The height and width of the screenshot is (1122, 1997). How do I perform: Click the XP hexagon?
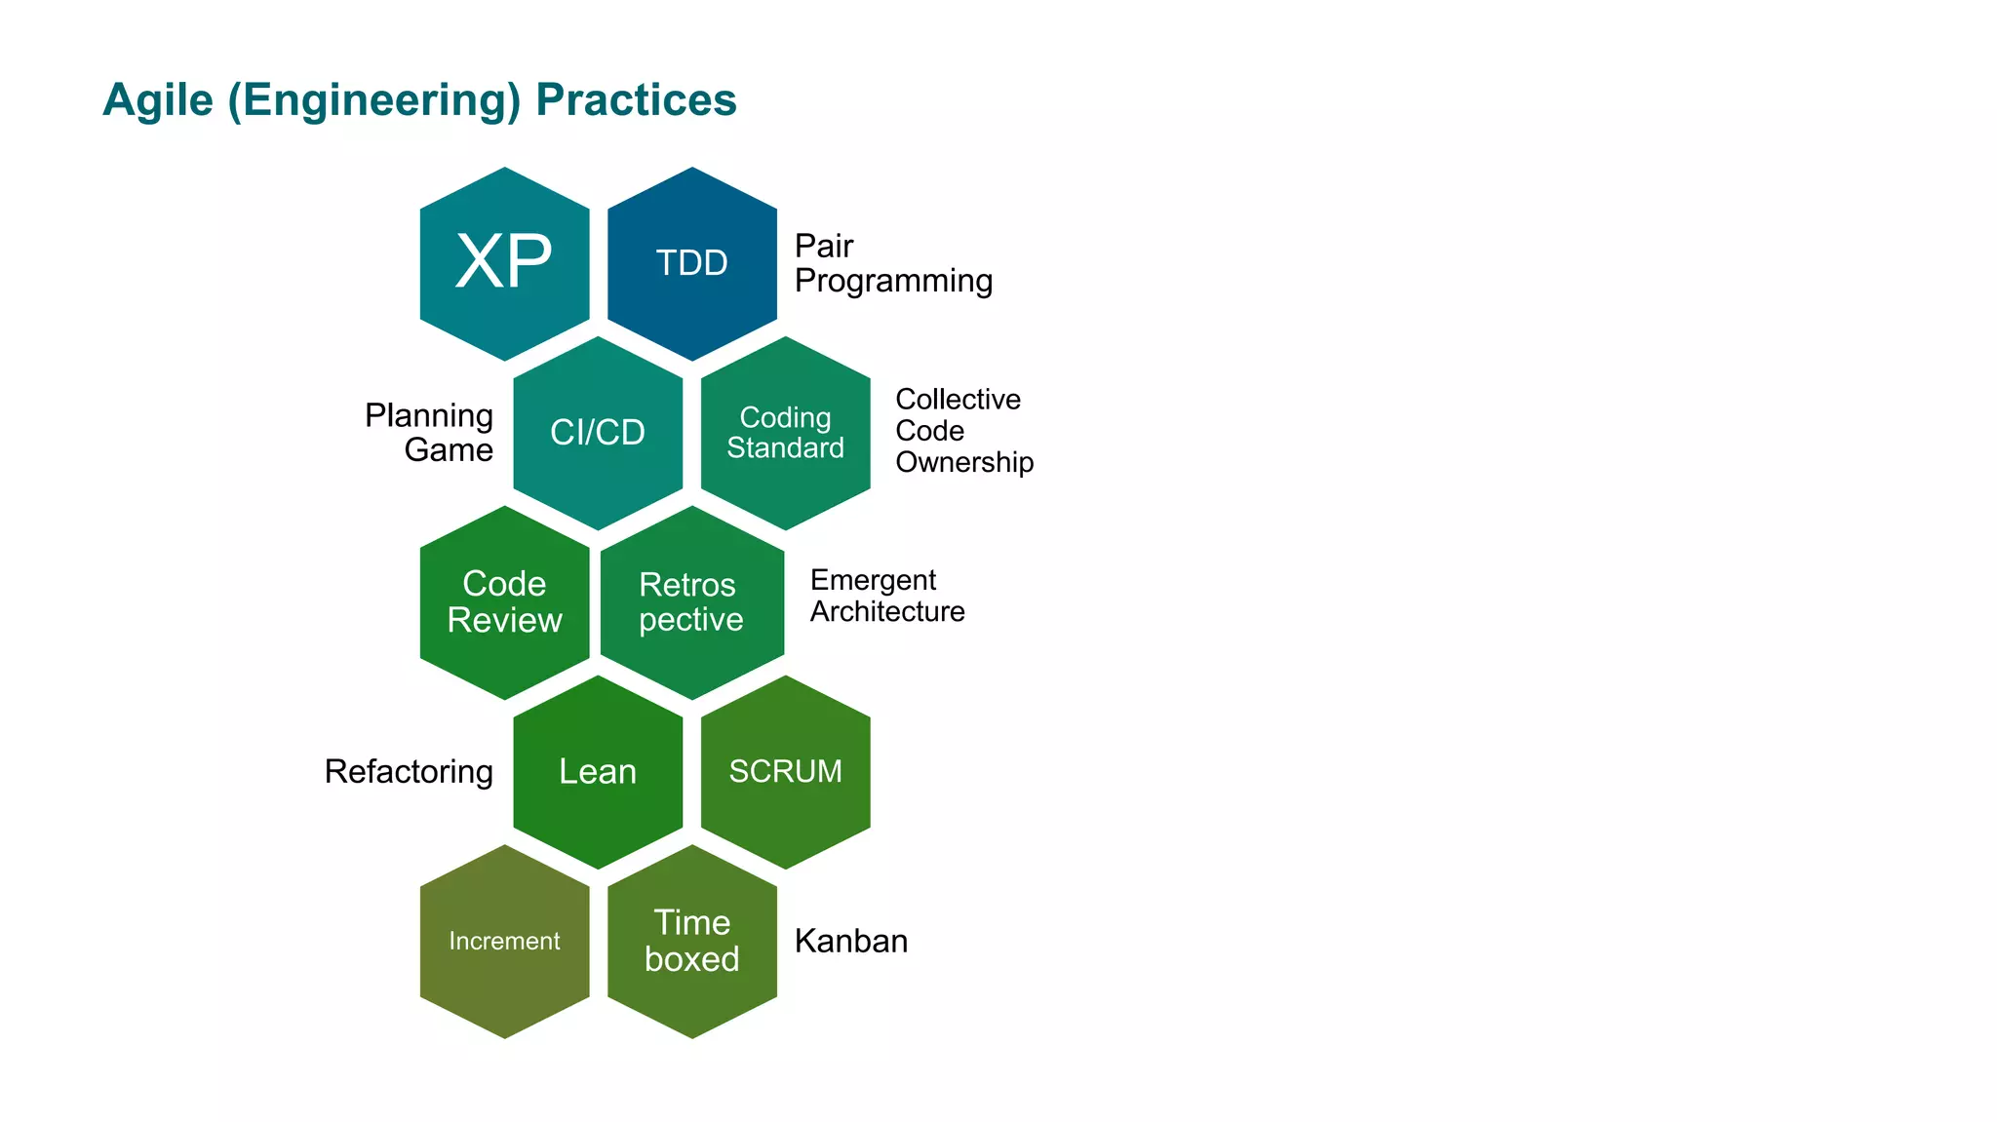click(x=504, y=263)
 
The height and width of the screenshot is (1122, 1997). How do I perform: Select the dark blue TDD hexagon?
click(x=691, y=263)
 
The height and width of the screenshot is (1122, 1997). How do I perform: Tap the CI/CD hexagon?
click(x=598, y=433)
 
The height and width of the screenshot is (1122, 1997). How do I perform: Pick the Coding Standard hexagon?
click(x=785, y=433)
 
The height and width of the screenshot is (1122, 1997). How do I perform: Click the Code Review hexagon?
click(x=504, y=602)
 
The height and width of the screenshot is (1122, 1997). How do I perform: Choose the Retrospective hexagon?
click(x=691, y=602)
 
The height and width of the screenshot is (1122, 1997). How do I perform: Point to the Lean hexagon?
click(x=598, y=772)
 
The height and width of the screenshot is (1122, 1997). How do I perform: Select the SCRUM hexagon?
click(x=785, y=772)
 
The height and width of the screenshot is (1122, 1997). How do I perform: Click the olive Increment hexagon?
click(x=504, y=942)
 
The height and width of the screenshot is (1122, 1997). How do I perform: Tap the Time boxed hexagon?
click(x=691, y=942)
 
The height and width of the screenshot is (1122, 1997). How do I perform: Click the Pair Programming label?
click(x=892, y=263)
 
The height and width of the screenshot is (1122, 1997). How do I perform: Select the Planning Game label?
click(x=429, y=433)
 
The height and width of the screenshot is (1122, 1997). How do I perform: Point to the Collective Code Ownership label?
click(x=962, y=431)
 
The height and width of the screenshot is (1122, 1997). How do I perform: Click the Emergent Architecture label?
click(x=886, y=596)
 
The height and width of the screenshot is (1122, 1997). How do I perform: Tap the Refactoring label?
click(x=409, y=772)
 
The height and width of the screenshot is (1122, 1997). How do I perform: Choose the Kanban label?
click(x=850, y=942)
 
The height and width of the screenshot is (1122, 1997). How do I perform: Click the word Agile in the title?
click(x=157, y=100)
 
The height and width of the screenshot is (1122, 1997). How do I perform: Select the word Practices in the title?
click(x=636, y=100)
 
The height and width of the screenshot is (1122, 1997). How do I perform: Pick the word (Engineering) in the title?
click(x=374, y=101)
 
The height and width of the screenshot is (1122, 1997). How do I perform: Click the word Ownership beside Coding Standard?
click(x=964, y=462)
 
